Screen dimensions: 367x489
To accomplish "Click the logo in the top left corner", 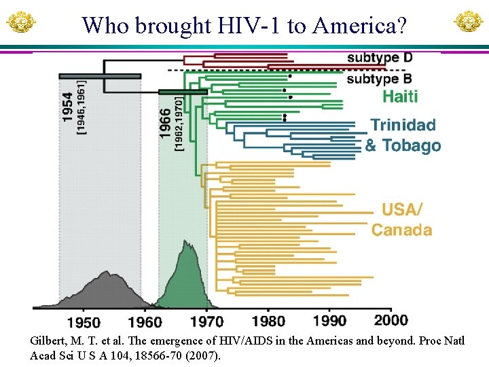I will tap(20, 22).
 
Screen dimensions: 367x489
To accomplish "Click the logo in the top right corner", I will tap(468, 22).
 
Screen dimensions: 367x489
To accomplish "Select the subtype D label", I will tap(379, 58).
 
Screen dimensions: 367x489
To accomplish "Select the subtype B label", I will tap(379, 78).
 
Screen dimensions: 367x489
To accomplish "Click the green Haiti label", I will tap(400, 97).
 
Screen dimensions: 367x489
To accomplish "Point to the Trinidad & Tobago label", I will tap(403, 135).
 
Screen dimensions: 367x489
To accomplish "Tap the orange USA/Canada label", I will tap(402, 220).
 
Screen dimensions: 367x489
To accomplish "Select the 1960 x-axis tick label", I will tap(143, 321).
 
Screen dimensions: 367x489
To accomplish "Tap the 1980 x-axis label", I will tap(268, 321).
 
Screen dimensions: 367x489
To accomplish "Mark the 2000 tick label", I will tap(391, 321).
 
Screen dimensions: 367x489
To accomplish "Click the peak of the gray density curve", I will tap(106, 273).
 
